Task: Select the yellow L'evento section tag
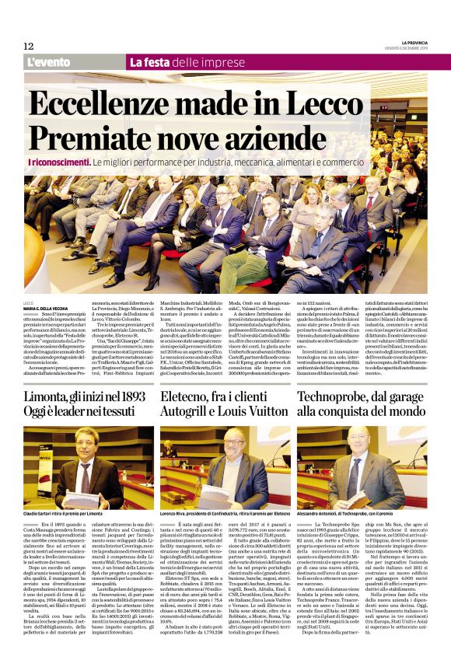[x=49, y=62]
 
